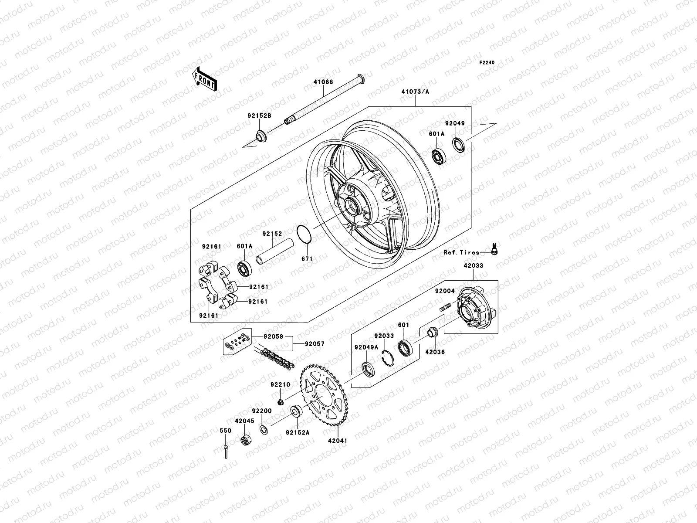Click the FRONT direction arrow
coord(211,79)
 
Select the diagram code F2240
coord(487,63)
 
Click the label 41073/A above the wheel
coord(415,92)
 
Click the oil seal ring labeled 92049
coord(459,144)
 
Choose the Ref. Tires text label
coord(461,252)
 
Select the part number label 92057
coord(315,344)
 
